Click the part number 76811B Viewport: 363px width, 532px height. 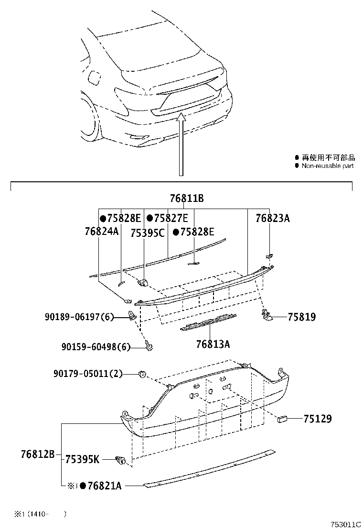(x=187, y=198)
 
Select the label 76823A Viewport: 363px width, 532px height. (x=273, y=218)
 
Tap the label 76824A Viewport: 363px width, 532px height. (x=102, y=232)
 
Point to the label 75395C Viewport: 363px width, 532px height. (x=148, y=233)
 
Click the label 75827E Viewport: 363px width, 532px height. (x=171, y=218)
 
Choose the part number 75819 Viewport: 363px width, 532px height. (x=302, y=317)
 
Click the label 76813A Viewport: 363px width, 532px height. (x=213, y=344)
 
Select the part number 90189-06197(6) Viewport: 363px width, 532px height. (x=79, y=317)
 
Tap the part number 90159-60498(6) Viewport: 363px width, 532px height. (x=96, y=347)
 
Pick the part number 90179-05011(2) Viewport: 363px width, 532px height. (x=88, y=374)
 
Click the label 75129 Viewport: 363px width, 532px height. (x=318, y=419)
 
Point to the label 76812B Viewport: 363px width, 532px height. (x=38, y=454)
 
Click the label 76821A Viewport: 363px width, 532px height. (x=104, y=486)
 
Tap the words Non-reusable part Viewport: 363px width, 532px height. (x=328, y=166)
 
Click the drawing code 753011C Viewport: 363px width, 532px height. (x=346, y=524)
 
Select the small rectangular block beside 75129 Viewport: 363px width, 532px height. (x=282, y=419)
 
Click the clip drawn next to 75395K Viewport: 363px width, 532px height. (x=121, y=460)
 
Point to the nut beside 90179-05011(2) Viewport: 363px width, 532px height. (x=142, y=374)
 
